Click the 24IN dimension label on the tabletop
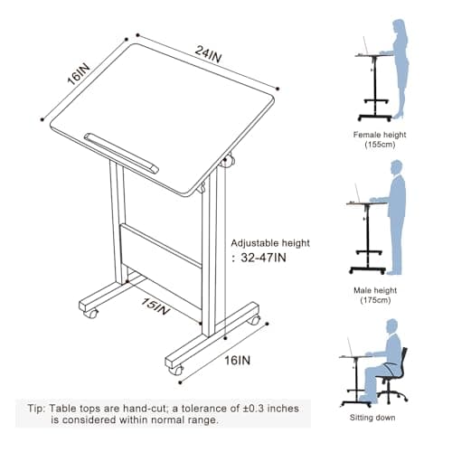(208, 54)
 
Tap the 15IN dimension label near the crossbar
(155, 306)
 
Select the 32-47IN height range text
(263, 258)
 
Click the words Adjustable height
(270, 243)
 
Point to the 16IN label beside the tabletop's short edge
(79, 74)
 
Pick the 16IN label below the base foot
(238, 360)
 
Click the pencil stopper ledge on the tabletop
(121, 153)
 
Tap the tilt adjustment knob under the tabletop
(228, 161)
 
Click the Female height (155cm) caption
(380, 139)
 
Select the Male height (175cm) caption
(375, 296)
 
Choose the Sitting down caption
(372, 418)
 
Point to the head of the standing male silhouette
(397, 167)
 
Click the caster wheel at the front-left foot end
(91, 314)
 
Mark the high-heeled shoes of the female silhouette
(399, 116)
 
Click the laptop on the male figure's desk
(356, 194)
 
